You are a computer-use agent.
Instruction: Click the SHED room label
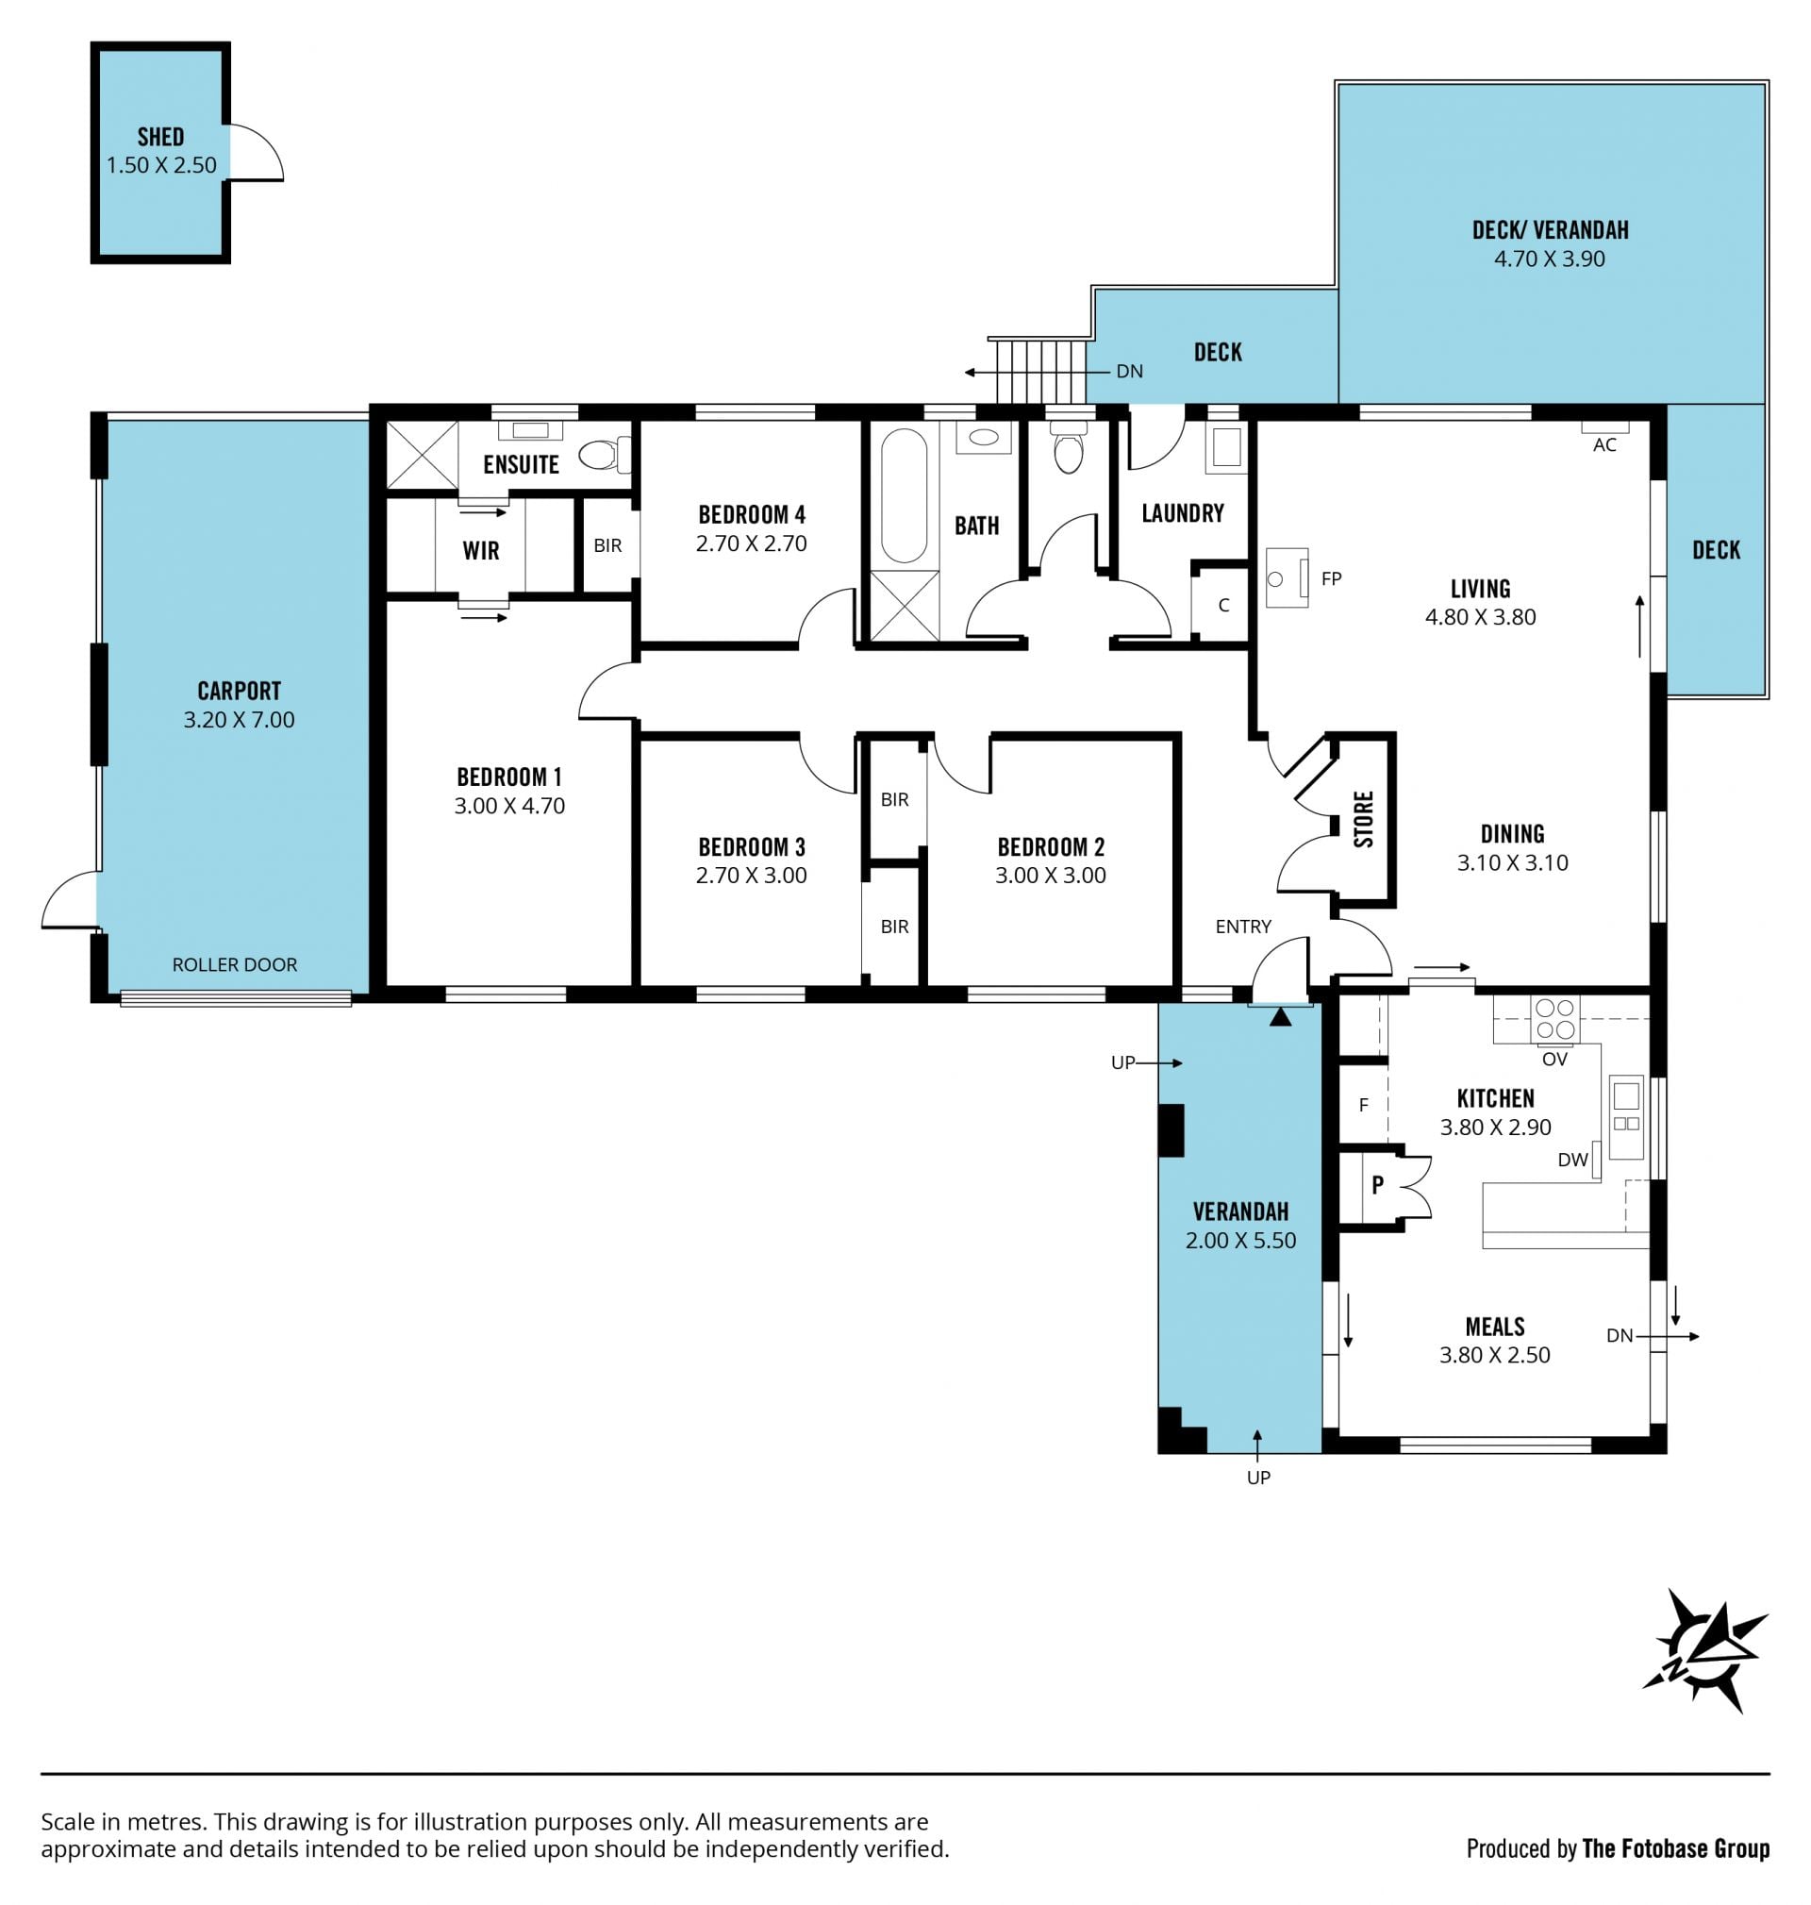click(160, 137)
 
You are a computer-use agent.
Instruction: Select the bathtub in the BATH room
click(904, 495)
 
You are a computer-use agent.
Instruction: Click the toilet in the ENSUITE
click(606, 454)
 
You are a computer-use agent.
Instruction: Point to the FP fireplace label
click(1331, 579)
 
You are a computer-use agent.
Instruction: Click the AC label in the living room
click(1604, 445)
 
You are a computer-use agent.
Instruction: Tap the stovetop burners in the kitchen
click(1554, 1020)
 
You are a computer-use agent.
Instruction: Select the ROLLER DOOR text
click(235, 964)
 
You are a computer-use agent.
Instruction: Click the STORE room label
click(1363, 820)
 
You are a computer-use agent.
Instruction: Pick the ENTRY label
click(1243, 927)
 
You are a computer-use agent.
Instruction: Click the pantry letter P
click(1377, 1184)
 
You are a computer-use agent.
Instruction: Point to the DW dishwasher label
click(1572, 1161)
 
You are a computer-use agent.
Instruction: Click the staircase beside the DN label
click(1038, 371)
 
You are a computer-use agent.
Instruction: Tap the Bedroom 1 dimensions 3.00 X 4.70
click(509, 806)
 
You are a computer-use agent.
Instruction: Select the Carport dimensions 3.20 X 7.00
click(240, 719)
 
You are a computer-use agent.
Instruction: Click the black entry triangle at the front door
click(1280, 1016)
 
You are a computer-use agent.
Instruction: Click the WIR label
click(481, 551)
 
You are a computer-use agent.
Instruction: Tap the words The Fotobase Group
click(1676, 1848)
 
